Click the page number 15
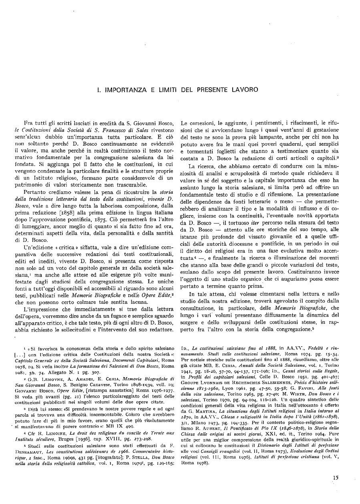coord(336,477)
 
